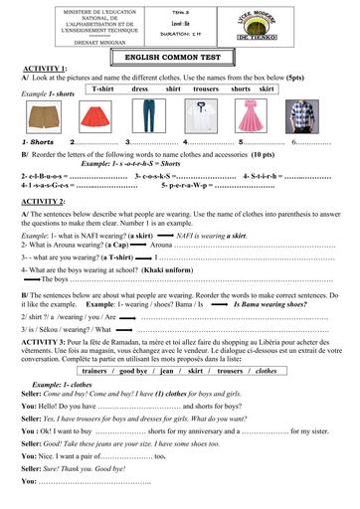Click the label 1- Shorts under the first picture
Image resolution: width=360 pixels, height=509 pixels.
point(40,145)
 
